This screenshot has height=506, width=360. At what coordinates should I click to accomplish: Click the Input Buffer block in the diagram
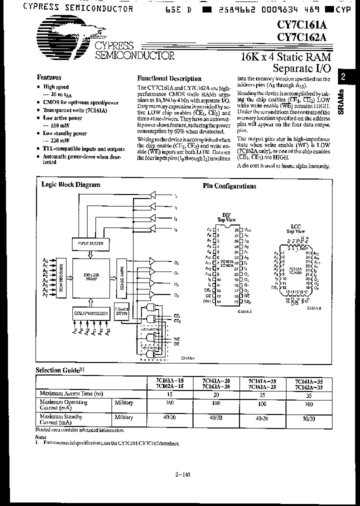[90, 243]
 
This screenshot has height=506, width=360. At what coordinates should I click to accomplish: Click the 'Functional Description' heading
[169, 78]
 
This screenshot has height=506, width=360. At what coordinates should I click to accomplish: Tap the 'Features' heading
[49, 77]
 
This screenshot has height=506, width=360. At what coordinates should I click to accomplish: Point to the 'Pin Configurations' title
[229, 186]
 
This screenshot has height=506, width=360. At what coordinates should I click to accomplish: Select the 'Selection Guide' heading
[56, 370]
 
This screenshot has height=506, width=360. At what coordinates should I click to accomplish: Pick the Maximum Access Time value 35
[308, 394]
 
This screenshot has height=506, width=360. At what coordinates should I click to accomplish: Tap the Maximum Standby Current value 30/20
[308, 417]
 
